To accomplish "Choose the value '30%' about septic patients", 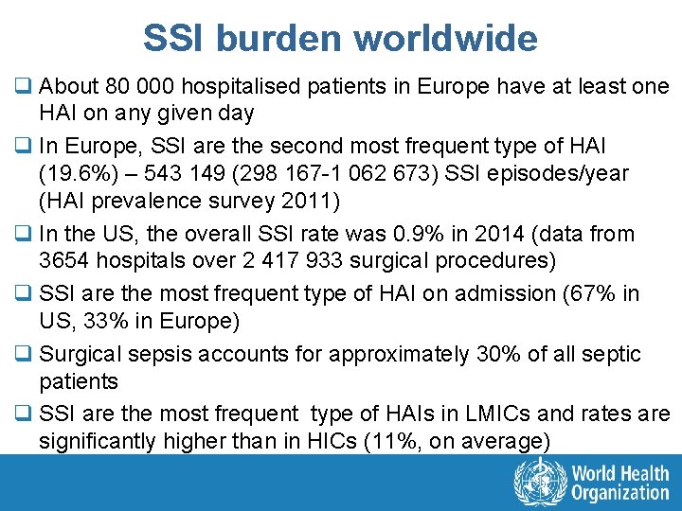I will click(493, 355).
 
